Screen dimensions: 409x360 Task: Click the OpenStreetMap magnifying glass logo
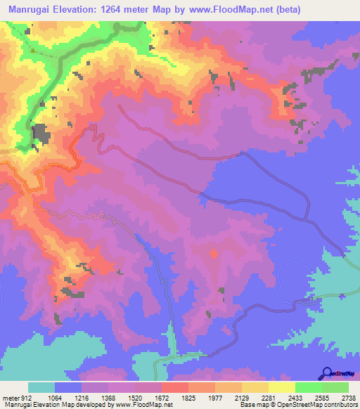(x=326, y=372)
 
